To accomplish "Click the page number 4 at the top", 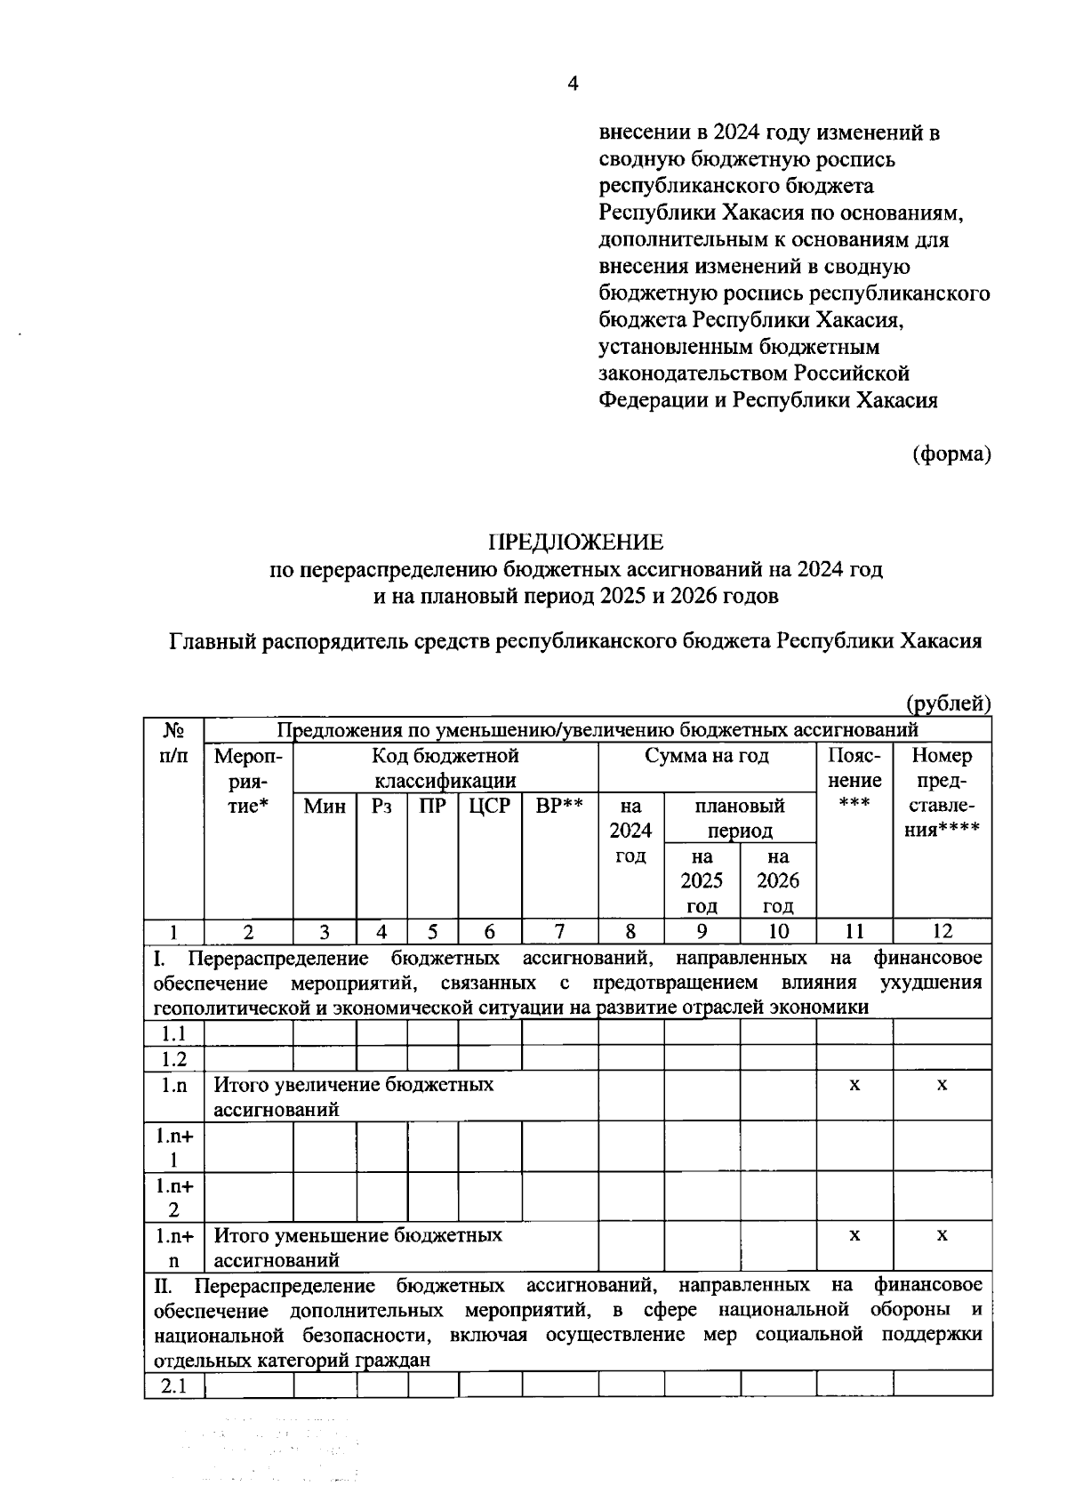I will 573,84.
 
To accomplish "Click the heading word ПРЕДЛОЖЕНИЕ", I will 575,542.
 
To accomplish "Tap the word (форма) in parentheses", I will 951,454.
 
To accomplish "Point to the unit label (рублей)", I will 948,704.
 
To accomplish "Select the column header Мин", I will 325,807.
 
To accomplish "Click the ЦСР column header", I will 489,807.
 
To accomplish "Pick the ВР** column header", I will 559,807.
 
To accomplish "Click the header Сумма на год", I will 707,757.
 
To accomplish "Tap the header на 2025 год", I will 702,880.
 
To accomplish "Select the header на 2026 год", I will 778,880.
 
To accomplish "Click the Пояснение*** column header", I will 854,780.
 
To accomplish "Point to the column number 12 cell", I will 942,931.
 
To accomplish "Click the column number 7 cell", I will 559,931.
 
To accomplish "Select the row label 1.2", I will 174,1058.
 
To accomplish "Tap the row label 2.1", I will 174,1386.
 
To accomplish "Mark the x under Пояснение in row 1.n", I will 854,1085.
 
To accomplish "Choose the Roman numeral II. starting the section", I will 164,1285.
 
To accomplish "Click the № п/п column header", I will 174,743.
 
